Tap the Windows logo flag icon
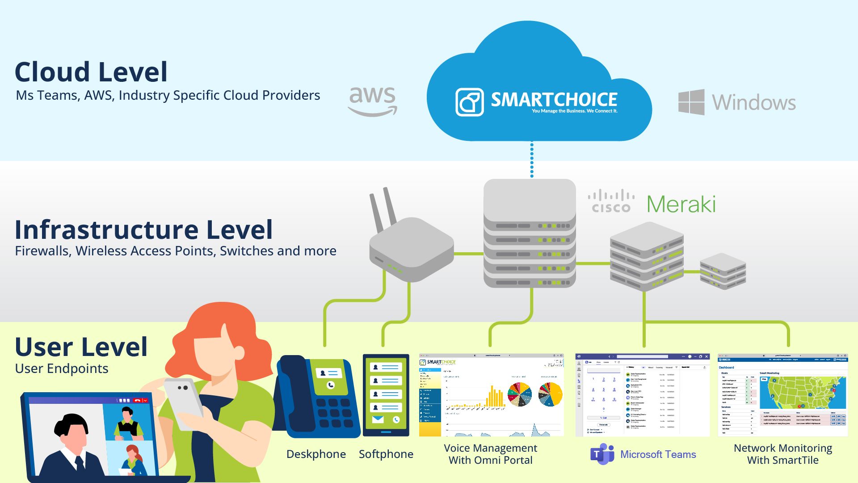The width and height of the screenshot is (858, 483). [691, 102]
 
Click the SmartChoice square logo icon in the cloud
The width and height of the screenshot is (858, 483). [469, 102]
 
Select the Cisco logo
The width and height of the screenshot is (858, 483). [611, 202]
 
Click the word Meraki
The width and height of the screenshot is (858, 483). [681, 204]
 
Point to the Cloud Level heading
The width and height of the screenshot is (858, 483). [91, 72]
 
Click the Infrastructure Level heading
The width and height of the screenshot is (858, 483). [143, 230]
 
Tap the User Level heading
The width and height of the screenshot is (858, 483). [81, 347]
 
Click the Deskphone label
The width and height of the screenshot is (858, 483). [316, 454]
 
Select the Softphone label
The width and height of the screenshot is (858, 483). [386, 454]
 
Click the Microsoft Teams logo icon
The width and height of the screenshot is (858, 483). [602, 454]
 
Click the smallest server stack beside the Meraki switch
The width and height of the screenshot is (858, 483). [723, 271]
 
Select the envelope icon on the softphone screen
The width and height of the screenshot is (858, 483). [378, 419]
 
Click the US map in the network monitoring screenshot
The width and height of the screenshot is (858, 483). [803, 392]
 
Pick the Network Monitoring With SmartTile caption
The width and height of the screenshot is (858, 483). [783, 454]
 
